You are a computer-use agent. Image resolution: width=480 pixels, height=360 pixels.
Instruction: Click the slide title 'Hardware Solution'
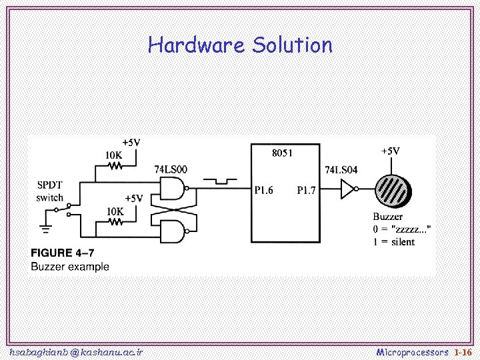tap(240, 45)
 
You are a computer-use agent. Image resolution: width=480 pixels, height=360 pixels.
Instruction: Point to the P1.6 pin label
tap(264, 191)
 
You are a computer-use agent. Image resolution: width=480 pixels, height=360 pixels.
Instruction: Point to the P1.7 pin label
tap(306, 191)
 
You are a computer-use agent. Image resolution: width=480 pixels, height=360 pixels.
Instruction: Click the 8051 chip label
tap(282, 153)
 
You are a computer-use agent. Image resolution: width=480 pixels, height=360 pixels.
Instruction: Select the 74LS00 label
tap(171, 169)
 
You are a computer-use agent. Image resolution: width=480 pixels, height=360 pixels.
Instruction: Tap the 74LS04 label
tap(341, 170)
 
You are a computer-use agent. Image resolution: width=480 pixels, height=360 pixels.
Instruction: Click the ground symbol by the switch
tap(46, 228)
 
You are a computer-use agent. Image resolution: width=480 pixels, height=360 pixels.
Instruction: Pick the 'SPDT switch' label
tap(50, 191)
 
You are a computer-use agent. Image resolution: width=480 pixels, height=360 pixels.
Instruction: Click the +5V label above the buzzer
tap(390, 151)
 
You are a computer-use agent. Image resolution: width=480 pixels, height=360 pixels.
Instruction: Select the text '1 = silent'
tap(394, 241)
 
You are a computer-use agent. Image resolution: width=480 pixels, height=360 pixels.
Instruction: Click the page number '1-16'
tap(462, 351)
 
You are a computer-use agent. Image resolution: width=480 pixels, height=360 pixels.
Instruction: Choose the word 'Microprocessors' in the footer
tap(413, 351)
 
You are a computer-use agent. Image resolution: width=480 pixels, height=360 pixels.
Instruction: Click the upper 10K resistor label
tap(114, 155)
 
